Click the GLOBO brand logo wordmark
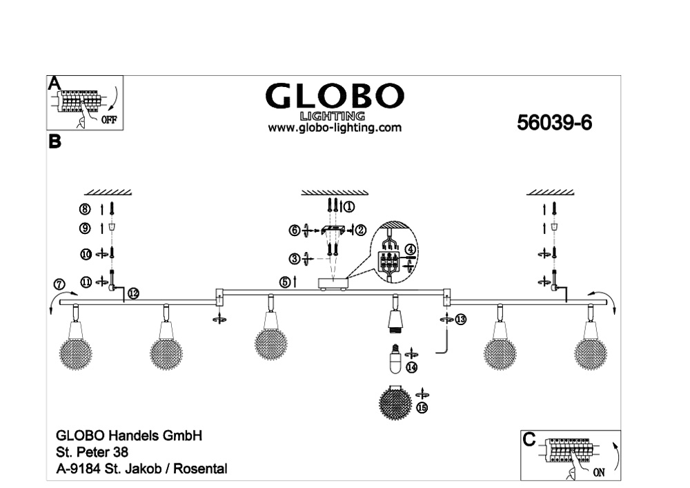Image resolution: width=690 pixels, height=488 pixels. click(335, 96)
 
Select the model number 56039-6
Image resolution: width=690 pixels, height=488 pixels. click(555, 123)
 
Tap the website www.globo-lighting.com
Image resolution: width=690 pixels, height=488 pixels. click(335, 128)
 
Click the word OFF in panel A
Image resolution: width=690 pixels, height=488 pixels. click(109, 119)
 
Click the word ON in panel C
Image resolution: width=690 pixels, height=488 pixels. click(599, 473)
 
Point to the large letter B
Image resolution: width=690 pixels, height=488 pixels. click(55, 141)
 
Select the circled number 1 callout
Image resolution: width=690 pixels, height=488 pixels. click(349, 206)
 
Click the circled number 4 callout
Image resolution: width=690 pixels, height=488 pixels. click(410, 249)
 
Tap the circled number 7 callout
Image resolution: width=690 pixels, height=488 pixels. click(59, 284)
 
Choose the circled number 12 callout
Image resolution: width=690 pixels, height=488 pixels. click(133, 293)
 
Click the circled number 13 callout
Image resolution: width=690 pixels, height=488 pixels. click(460, 320)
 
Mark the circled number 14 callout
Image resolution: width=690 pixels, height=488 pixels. click(411, 367)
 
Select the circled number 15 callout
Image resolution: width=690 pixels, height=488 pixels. click(422, 408)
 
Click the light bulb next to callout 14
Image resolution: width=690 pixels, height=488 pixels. click(395, 358)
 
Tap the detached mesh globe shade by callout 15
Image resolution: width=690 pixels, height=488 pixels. click(395, 401)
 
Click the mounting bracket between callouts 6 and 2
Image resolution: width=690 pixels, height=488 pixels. click(333, 230)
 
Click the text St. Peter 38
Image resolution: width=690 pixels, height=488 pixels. click(92, 452)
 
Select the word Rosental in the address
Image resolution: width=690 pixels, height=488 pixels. click(200, 469)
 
